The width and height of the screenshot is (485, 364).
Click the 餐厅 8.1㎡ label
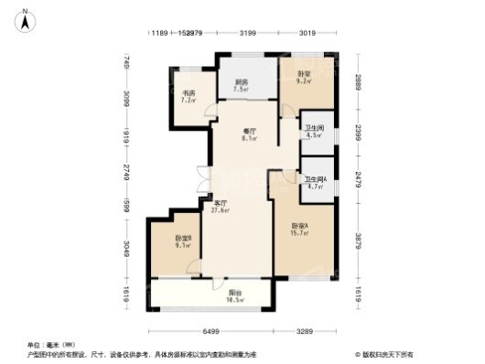249,134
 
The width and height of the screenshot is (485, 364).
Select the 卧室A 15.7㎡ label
299,230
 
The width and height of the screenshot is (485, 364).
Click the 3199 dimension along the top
247,34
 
